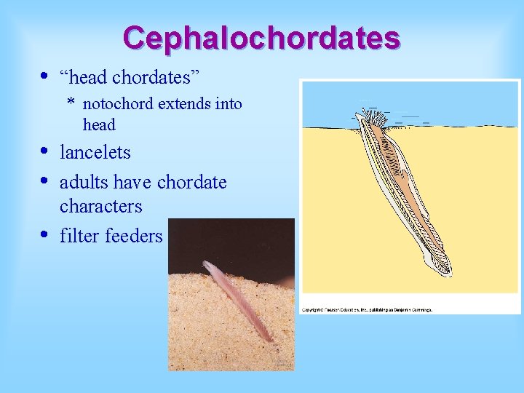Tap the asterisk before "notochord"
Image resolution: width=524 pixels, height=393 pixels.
pyautogui.click(x=71, y=103)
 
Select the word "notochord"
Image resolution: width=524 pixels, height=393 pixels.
pyautogui.click(x=118, y=104)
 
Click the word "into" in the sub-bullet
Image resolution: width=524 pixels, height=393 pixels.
pyautogui.click(x=229, y=104)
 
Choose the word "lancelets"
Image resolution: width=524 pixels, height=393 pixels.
pyautogui.click(x=95, y=153)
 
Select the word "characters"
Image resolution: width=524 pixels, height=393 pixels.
pyautogui.click(x=101, y=206)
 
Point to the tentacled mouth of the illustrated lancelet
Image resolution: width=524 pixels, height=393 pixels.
pyautogui.click(x=373, y=120)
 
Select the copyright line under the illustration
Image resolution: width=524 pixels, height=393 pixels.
pyautogui.click(x=368, y=309)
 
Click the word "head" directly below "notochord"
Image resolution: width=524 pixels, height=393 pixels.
pyautogui.click(x=99, y=125)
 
